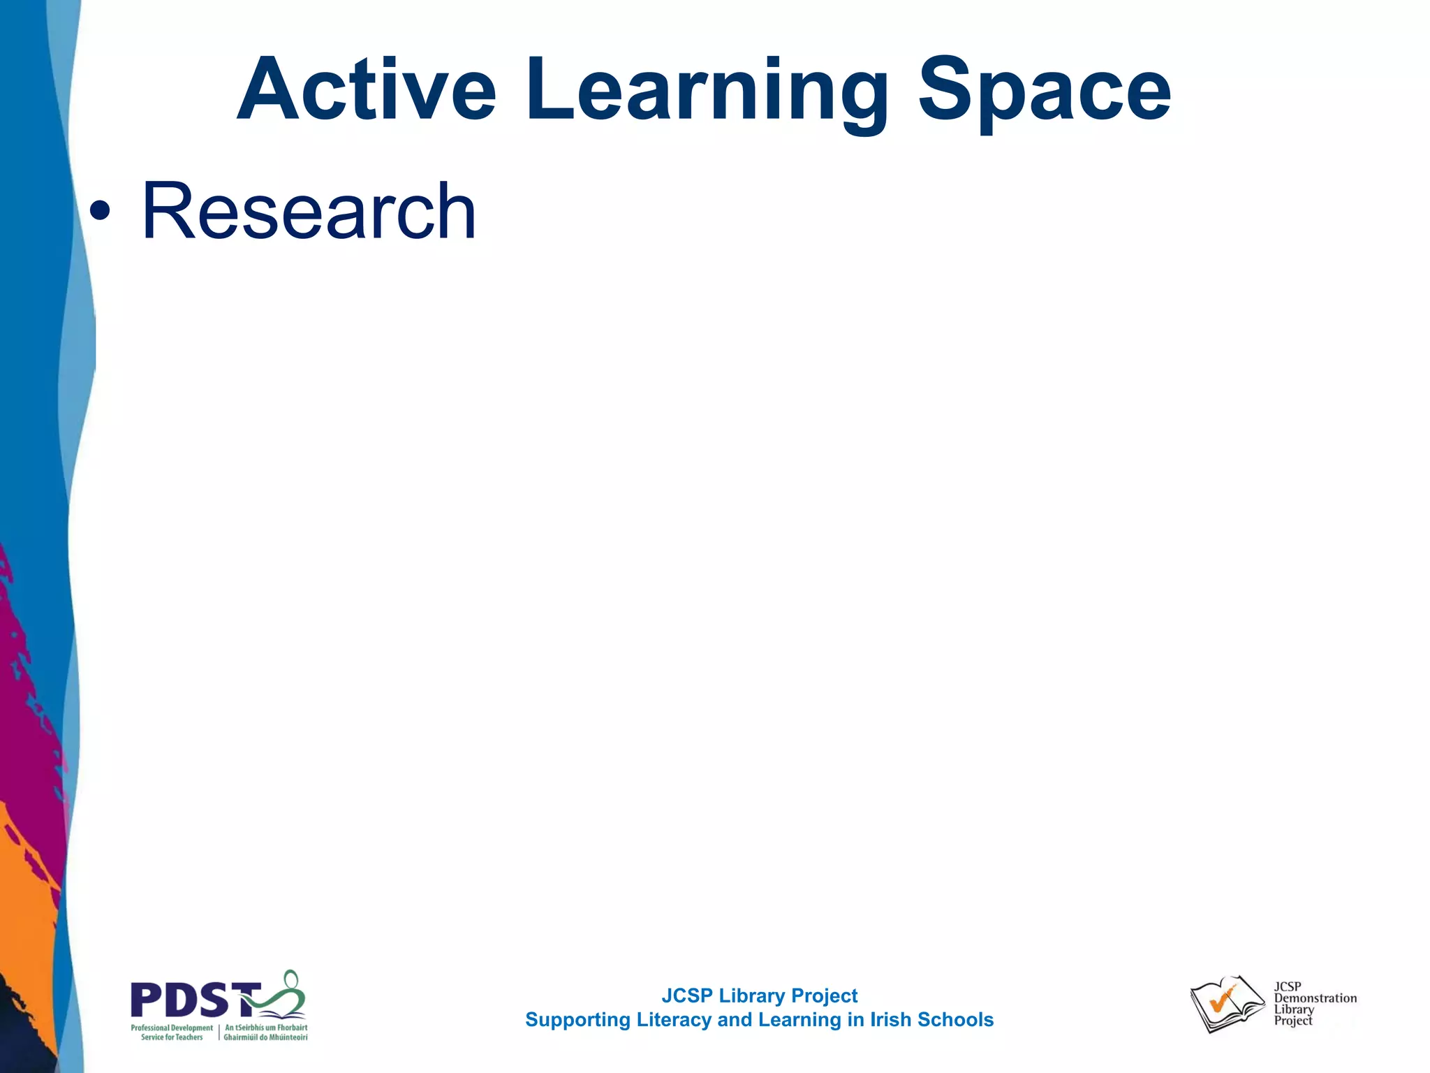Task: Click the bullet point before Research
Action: tap(100, 211)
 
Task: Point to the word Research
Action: tap(309, 211)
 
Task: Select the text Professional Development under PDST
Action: tap(172, 1028)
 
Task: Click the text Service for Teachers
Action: tap(172, 1037)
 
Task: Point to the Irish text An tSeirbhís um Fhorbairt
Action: tap(266, 1028)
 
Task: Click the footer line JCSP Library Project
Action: tap(759, 995)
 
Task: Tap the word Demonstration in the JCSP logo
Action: tap(1315, 998)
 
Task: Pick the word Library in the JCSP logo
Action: tap(1294, 1009)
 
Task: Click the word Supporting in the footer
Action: tap(577, 1020)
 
